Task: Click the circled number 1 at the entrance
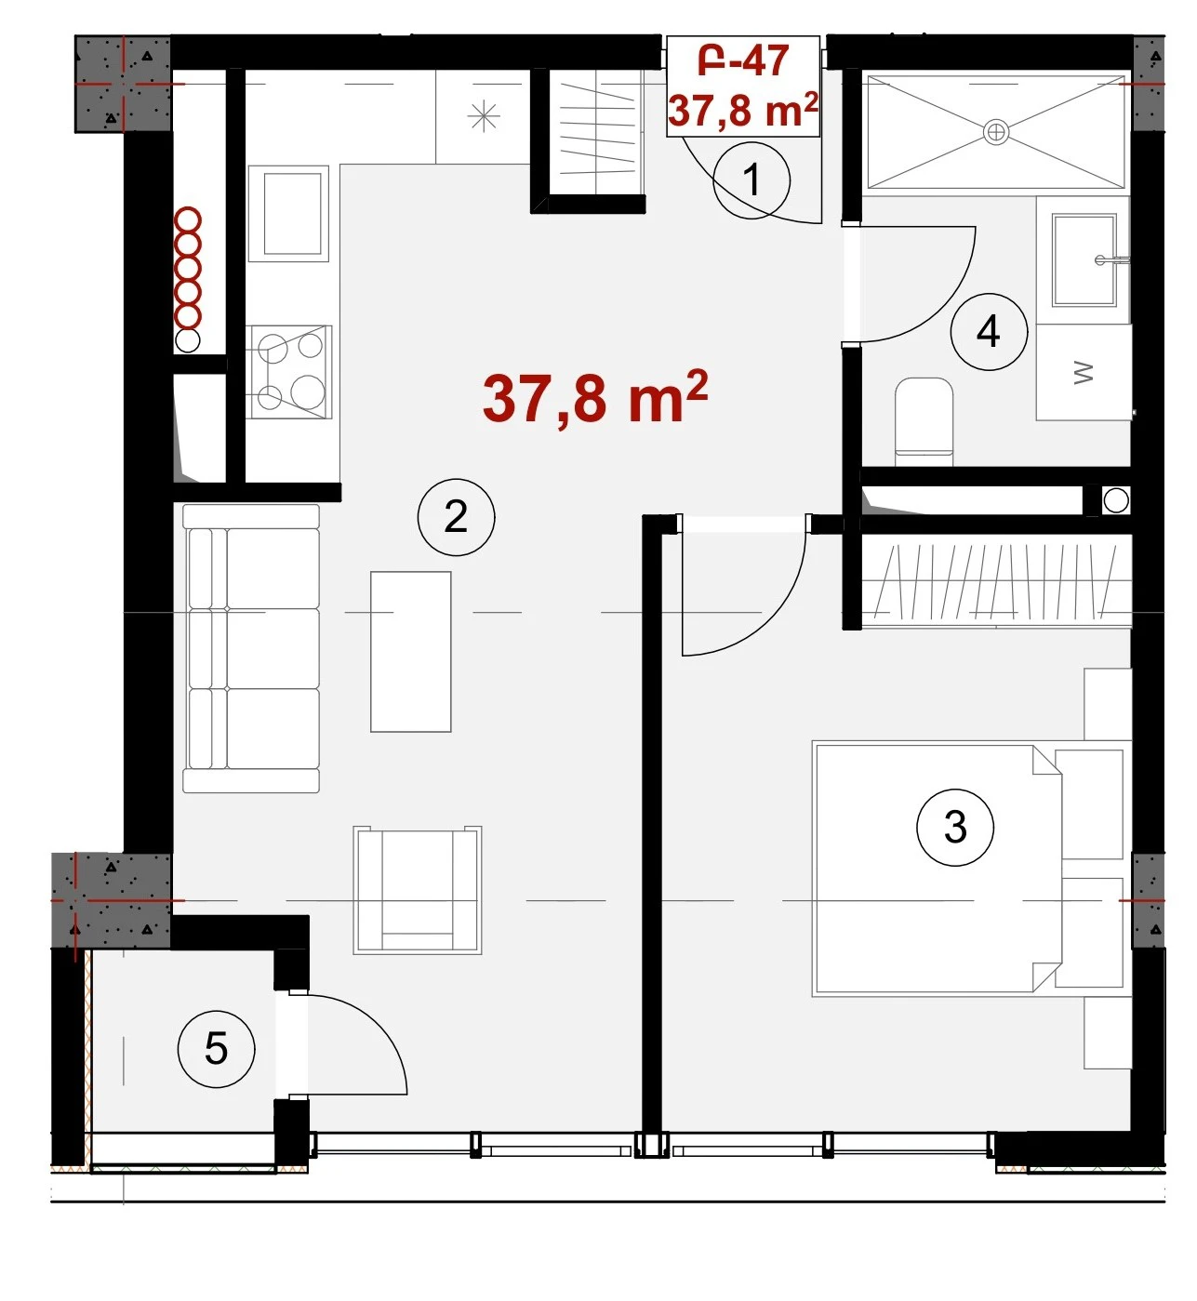(x=751, y=179)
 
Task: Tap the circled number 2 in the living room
(x=456, y=517)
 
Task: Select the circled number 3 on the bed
(x=955, y=828)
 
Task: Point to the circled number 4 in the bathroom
(x=989, y=331)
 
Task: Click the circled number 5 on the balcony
(x=216, y=1049)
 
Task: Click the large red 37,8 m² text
(x=595, y=398)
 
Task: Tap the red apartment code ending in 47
(x=743, y=61)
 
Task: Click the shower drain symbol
(x=995, y=133)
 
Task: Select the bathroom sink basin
(x=1084, y=260)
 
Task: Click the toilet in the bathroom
(x=924, y=421)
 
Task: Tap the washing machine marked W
(x=1084, y=372)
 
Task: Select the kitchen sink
(x=289, y=213)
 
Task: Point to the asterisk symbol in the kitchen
(x=484, y=117)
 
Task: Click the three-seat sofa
(x=251, y=648)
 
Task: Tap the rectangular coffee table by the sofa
(x=411, y=652)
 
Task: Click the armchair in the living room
(x=418, y=890)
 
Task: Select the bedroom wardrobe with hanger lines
(x=996, y=581)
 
